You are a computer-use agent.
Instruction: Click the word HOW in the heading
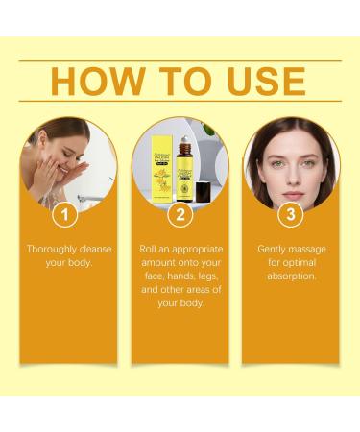(92, 82)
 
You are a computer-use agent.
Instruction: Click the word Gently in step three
(274, 249)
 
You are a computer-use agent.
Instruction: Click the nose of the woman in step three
(290, 167)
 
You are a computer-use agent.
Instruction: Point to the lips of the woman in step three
(290, 181)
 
